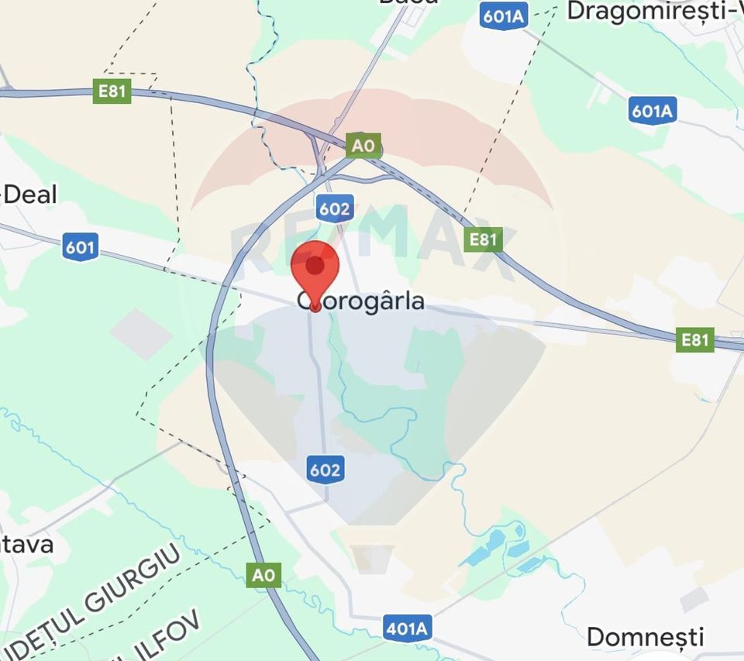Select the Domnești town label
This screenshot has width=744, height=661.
pyautogui.click(x=645, y=637)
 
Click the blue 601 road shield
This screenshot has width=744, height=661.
pyautogui.click(x=81, y=248)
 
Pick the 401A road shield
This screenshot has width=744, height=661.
pyautogui.click(x=407, y=628)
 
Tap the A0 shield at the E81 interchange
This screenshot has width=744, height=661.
pyautogui.click(x=363, y=146)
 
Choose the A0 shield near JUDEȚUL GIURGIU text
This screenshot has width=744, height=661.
pyautogui.click(x=264, y=575)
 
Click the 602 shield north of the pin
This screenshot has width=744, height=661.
pyautogui.click(x=334, y=208)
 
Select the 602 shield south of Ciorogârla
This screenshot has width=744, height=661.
pyautogui.click(x=324, y=470)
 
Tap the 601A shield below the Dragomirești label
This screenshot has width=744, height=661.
pyautogui.click(x=652, y=112)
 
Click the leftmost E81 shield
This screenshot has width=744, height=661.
pyautogui.click(x=112, y=91)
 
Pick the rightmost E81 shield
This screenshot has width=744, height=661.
pyautogui.click(x=694, y=339)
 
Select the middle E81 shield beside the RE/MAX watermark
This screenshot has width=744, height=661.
pyautogui.click(x=483, y=239)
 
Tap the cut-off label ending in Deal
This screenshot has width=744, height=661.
pyautogui.click(x=29, y=195)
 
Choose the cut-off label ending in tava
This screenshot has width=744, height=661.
pyautogui.click(x=26, y=545)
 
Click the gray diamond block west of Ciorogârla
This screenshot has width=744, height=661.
pyautogui.click(x=140, y=334)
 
